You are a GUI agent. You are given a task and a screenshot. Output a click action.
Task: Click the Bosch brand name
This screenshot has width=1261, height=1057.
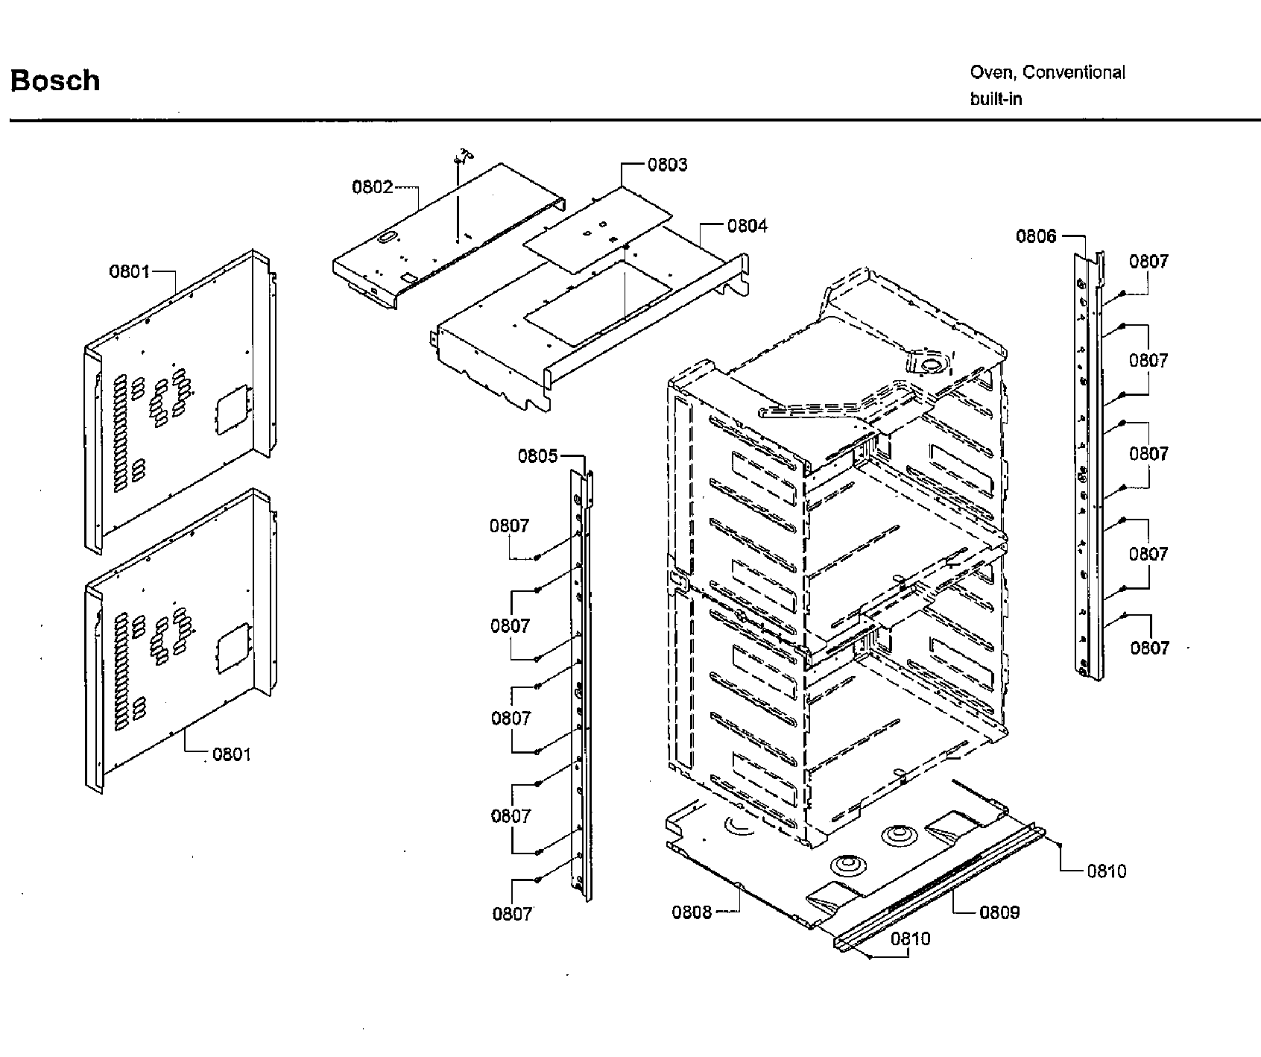tap(55, 81)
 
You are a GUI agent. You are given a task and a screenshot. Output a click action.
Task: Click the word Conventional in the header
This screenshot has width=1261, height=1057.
tap(1073, 72)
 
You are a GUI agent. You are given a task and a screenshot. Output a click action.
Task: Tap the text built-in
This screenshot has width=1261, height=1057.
tap(995, 99)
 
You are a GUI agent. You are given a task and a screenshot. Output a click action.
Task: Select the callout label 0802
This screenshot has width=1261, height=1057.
tap(372, 186)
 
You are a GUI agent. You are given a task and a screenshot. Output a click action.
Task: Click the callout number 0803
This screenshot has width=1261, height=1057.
tap(667, 165)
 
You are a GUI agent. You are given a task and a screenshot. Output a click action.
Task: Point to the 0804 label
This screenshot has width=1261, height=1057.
tap(747, 225)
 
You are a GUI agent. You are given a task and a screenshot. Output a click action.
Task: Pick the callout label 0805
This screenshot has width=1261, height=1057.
tap(537, 455)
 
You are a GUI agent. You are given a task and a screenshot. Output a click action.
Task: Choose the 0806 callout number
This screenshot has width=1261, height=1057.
tap(1036, 236)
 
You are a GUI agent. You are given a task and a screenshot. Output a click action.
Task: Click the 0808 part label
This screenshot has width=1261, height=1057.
tap(692, 912)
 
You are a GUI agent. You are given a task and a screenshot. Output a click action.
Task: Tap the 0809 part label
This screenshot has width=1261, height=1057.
tap(999, 912)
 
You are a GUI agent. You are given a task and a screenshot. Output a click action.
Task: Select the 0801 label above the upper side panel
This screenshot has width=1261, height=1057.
tap(130, 271)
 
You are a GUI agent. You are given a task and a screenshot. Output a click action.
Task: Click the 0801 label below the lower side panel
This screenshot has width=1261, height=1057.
tap(232, 754)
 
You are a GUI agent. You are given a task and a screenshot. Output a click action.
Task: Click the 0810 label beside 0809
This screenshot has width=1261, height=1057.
tap(1106, 871)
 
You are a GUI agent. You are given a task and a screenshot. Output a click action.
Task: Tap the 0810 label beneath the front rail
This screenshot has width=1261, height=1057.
tap(910, 938)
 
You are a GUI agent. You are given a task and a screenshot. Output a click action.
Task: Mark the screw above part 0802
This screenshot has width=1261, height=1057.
tap(458, 160)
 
